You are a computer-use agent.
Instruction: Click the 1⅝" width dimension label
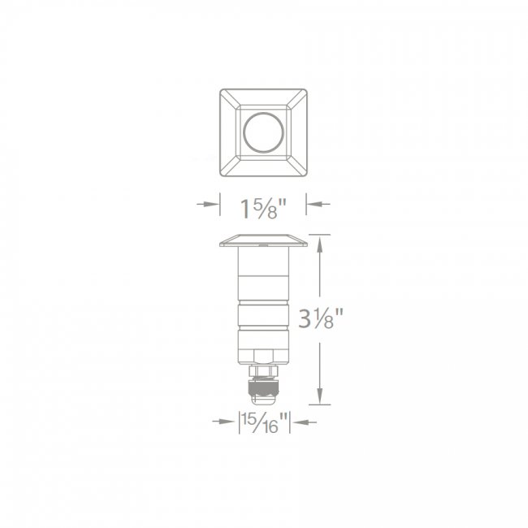point(263,210)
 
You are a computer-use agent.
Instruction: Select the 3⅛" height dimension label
point(320,318)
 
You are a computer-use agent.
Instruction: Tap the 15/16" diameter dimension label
point(265,423)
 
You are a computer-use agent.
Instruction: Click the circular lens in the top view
point(263,132)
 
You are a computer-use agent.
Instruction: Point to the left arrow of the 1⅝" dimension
point(207,204)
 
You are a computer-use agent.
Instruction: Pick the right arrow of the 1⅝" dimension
point(318,204)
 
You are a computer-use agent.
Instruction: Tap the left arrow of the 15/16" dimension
point(223,422)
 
